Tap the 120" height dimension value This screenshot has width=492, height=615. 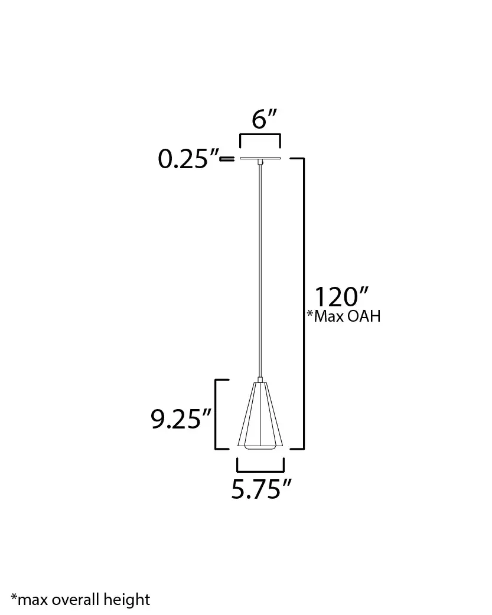[341, 297]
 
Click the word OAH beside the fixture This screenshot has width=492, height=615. [363, 317]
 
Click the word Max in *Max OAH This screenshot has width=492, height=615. [328, 317]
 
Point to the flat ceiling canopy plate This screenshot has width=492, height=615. [260, 159]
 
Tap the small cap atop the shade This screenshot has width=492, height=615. [260, 380]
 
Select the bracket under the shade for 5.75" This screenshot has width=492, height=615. [260, 470]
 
